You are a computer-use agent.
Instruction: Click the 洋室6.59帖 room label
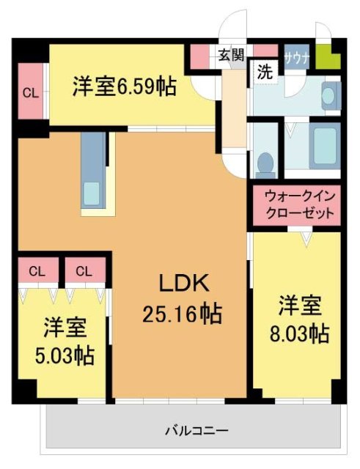click(x=124, y=87)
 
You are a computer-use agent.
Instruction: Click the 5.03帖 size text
click(x=65, y=356)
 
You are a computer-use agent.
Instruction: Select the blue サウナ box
click(x=296, y=56)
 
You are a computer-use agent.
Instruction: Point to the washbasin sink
click(x=330, y=95)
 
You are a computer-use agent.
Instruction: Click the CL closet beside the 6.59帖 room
click(x=31, y=92)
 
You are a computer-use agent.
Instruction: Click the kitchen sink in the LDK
click(x=92, y=193)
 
